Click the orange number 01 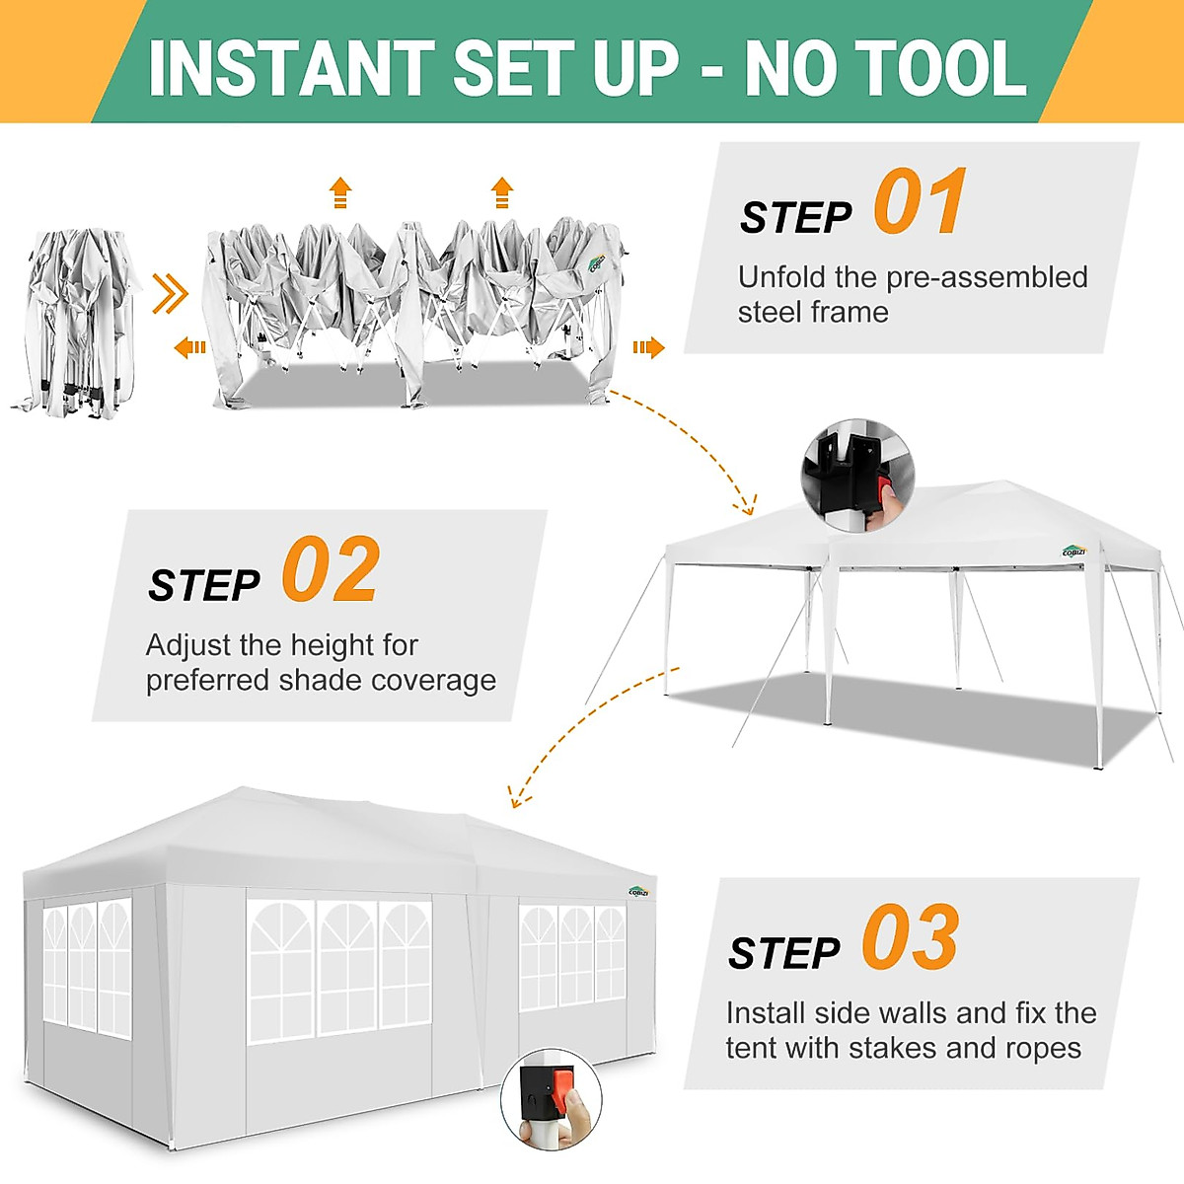click(920, 202)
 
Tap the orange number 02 click(331, 570)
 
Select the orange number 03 click(909, 938)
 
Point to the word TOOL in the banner click(946, 68)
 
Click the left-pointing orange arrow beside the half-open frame click(189, 347)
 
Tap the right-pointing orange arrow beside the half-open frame click(648, 347)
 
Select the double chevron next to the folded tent click(170, 293)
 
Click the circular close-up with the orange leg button click(551, 1098)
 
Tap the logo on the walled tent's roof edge click(640, 890)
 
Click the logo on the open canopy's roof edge click(1073, 551)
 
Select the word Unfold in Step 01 click(782, 277)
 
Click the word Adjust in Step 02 click(188, 645)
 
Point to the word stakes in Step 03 click(894, 1048)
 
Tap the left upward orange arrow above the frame click(340, 192)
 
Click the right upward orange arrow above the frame click(502, 192)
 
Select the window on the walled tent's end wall click(87, 967)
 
